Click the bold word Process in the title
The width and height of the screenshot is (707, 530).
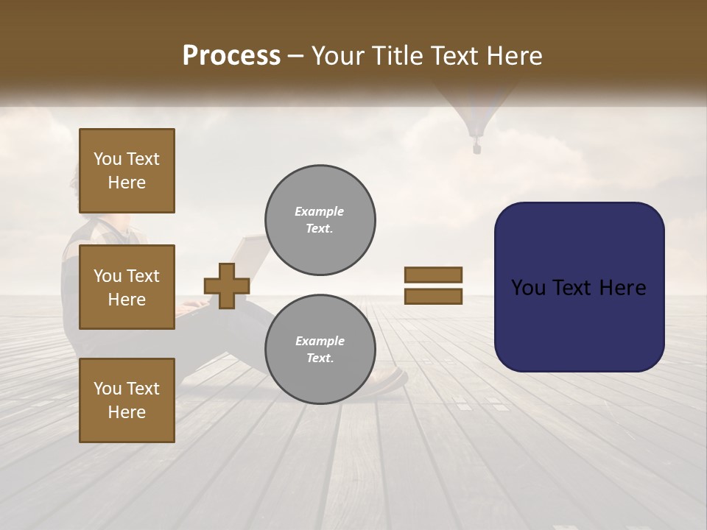coord(231,56)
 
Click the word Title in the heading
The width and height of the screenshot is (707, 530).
coord(398,56)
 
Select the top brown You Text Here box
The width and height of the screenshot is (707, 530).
coord(127,171)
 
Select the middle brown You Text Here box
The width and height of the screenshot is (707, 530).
coord(127,287)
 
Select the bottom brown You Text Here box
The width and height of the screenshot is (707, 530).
coord(127,400)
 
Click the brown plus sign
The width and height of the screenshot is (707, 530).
coord(227,286)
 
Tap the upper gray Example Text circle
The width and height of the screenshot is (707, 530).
coord(320,220)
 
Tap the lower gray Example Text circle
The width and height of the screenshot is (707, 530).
coord(320,350)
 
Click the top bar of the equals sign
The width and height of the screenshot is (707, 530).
coord(433,275)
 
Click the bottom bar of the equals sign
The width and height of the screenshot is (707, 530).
coord(433,297)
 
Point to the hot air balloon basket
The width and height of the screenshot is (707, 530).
coord(476,149)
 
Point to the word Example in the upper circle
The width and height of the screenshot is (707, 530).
coord(320,211)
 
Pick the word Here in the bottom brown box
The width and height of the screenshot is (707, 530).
coord(127,412)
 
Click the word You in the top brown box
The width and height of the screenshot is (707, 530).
coord(107,159)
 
